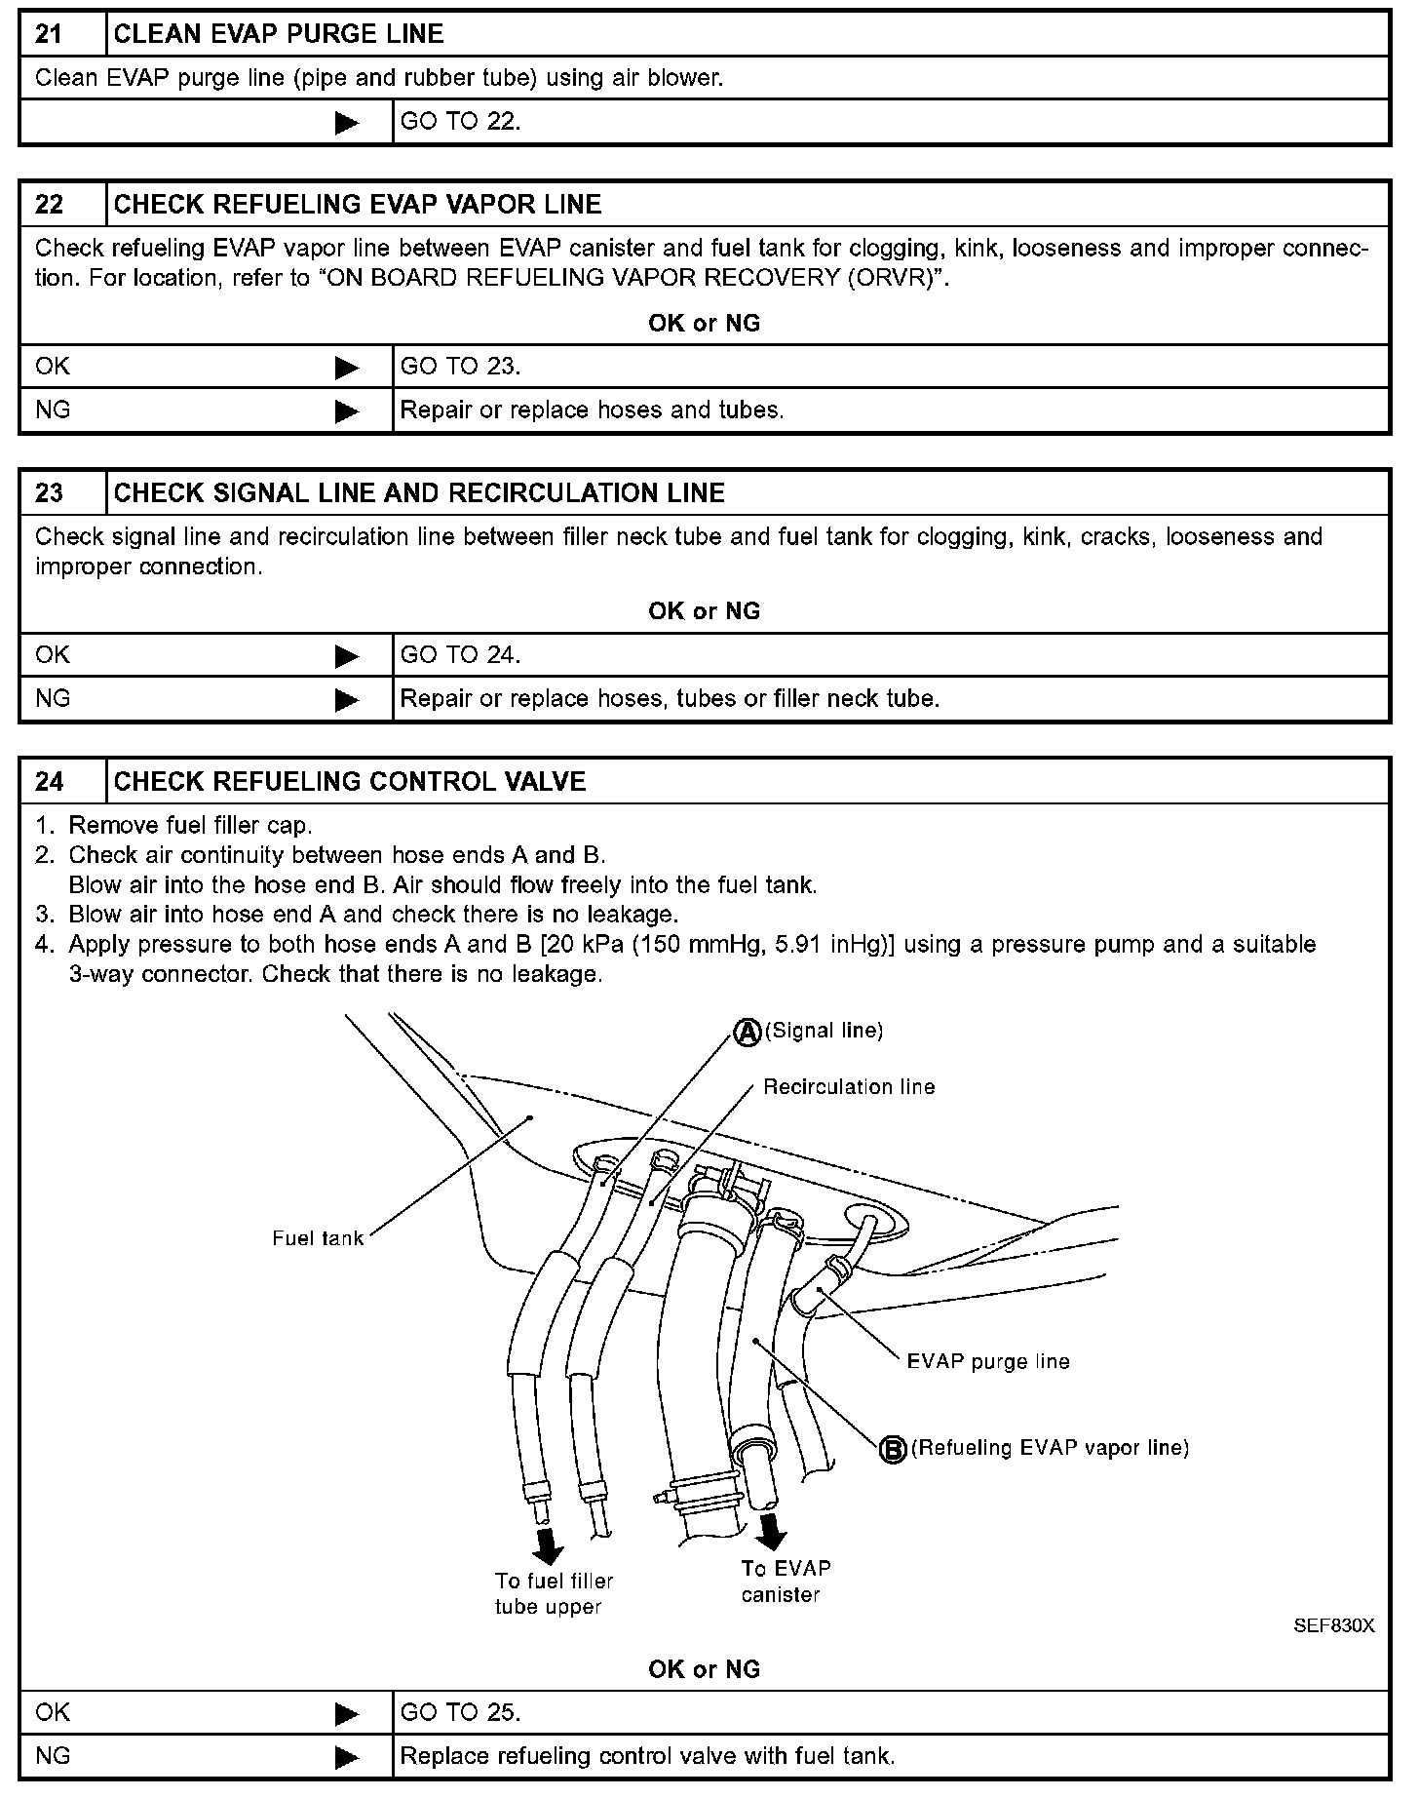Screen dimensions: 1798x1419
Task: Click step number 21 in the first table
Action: [x=50, y=34]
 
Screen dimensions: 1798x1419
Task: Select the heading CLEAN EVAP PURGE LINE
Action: [x=279, y=34]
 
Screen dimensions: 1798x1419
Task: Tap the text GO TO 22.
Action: [x=460, y=122]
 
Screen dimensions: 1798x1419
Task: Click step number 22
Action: [x=50, y=205]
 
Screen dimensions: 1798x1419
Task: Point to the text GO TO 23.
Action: [x=460, y=367]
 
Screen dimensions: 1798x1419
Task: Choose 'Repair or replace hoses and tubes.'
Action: [x=592, y=410]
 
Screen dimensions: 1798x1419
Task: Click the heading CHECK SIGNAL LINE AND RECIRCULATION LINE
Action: [x=419, y=493]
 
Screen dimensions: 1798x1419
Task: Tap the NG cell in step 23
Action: [x=54, y=699]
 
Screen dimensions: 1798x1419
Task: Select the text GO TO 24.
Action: [x=460, y=655]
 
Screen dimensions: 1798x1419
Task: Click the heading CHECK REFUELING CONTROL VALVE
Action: [x=350, y=782]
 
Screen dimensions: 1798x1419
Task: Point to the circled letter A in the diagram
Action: [x=747, y=1033]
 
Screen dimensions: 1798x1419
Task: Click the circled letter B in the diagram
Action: [x=893, y=1450]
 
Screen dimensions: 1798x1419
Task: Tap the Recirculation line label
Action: [x=849, y=1087]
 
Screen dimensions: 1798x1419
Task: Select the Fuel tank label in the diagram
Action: [x=318, y=1239]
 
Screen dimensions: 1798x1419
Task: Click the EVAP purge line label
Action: [x=987, y=1362]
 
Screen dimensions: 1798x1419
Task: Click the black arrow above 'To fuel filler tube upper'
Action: [x=549, y=1543]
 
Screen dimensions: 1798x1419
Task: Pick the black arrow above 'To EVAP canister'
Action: [x=773, y=1531]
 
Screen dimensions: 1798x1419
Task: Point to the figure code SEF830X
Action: [x=1333, y=1626]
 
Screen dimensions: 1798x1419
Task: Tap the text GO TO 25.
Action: [x=460, y=1713]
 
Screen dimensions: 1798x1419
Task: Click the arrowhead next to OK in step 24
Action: [x=347, y=1714]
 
